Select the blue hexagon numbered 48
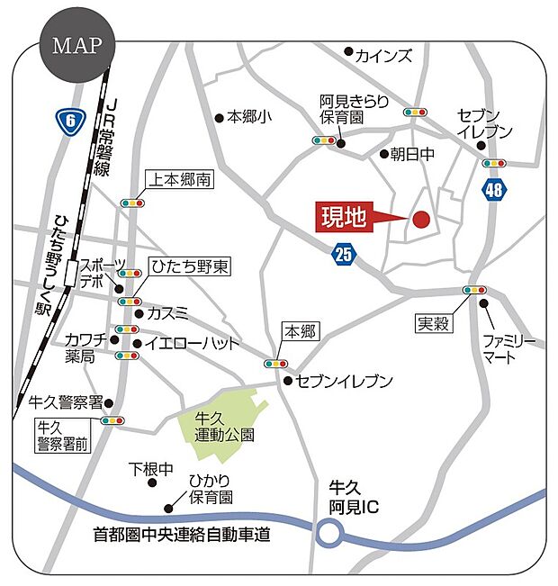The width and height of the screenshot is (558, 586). (x=493, y=190)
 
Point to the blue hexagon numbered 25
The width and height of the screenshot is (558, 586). (x=342, y=254)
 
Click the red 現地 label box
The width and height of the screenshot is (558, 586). (x=346, y=218)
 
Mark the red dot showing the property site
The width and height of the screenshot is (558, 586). (x=420, y=218)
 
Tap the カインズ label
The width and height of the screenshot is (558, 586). (x=383, y=55)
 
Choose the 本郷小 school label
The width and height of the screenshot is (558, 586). (x=247, y=117)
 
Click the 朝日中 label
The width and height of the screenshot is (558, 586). (x=412, y=154)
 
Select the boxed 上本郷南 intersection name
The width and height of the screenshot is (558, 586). (x=179, y=180)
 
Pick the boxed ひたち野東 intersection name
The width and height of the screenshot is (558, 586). (x=190, y=266)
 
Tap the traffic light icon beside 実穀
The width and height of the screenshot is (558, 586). (x=473, y=290)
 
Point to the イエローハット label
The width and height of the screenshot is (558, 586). (x=193, y=343)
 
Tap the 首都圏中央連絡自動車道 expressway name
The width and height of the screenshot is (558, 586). (x=182, y=534)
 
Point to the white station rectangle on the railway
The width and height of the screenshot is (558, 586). (x=72, y=269)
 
